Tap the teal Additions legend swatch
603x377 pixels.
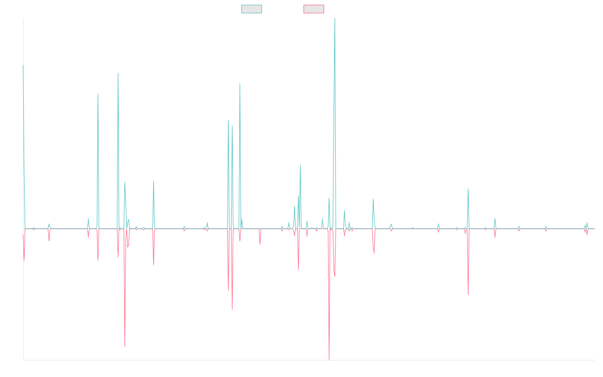(252, 9)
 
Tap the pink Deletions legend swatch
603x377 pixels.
(314, 9)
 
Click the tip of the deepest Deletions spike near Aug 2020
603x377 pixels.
(329, 359)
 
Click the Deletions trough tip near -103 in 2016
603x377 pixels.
(125, 346)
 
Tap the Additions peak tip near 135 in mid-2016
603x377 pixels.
(118, 74)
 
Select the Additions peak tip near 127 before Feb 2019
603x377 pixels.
(240, 83)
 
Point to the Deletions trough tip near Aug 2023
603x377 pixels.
(468, 295)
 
